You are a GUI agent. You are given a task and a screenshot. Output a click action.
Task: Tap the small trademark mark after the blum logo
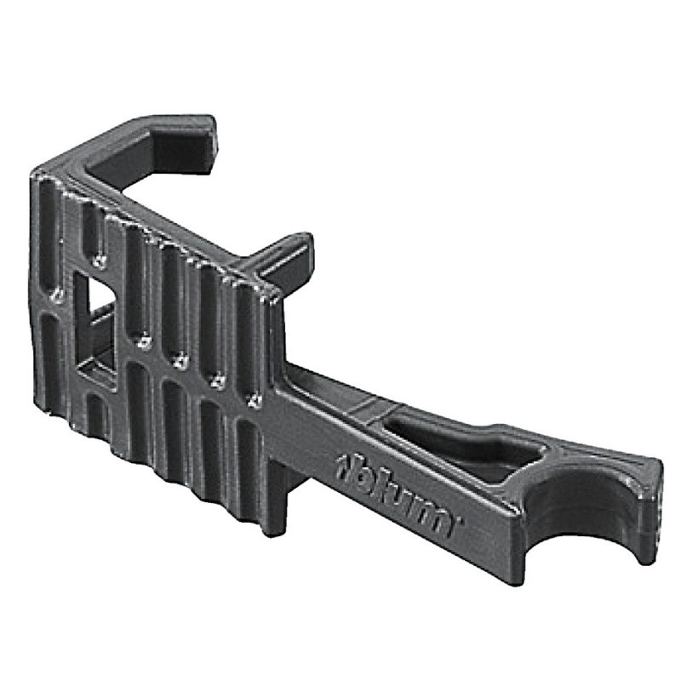pos(460,519)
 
